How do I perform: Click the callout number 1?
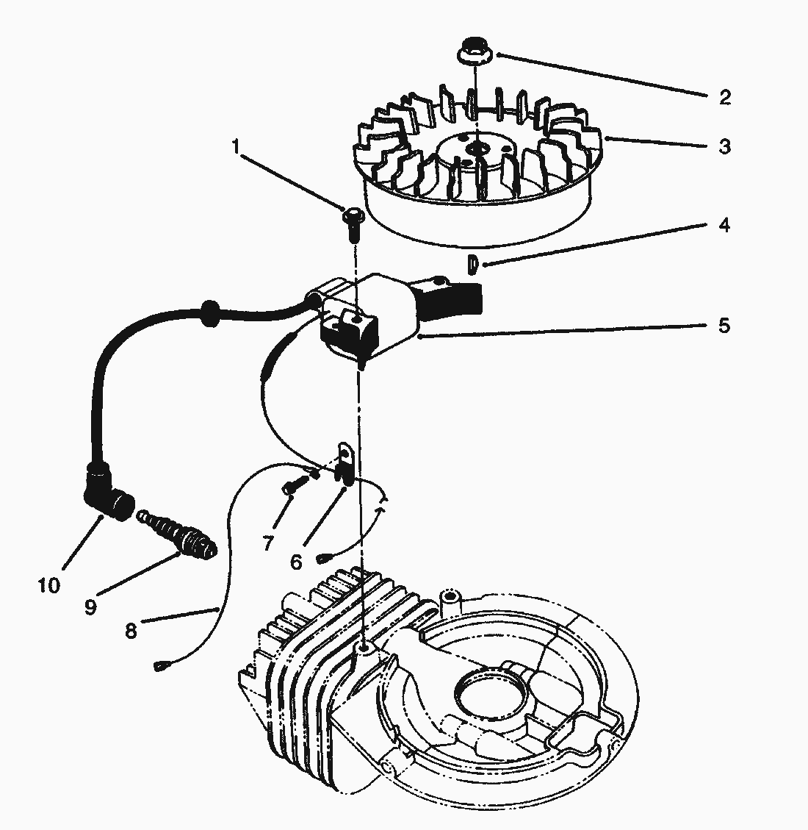coord(236,146)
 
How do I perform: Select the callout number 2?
coord(724,98)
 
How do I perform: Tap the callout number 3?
coord(724,146)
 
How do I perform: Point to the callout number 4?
coord(724,225)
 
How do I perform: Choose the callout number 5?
coord(724,325)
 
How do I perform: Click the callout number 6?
coord(296,562)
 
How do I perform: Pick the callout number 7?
coord(267,543)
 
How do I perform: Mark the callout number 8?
coord(131,631)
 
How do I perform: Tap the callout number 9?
coord(90,607)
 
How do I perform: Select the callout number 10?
coord(49,586)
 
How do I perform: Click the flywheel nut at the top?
coord(474,54)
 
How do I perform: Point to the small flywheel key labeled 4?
coord(474,262)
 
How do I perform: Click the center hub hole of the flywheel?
coord(479,149)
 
